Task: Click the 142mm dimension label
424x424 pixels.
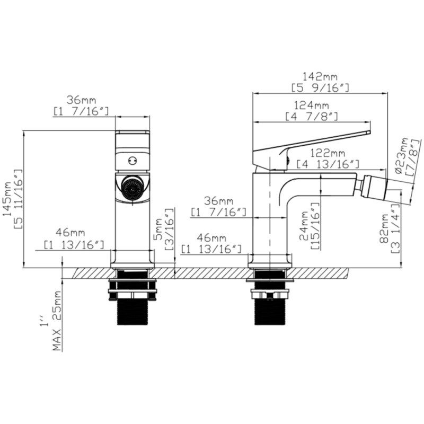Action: [x=319, y=78]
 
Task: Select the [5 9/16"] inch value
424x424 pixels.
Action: [x=319, y=88]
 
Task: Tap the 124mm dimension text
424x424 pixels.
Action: [x=312, y=105]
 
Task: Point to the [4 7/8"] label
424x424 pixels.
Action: [x=312, y=116]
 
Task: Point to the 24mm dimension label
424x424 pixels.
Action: [x=305, y=226]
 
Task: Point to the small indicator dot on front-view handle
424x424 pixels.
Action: [x=132, y=160]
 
